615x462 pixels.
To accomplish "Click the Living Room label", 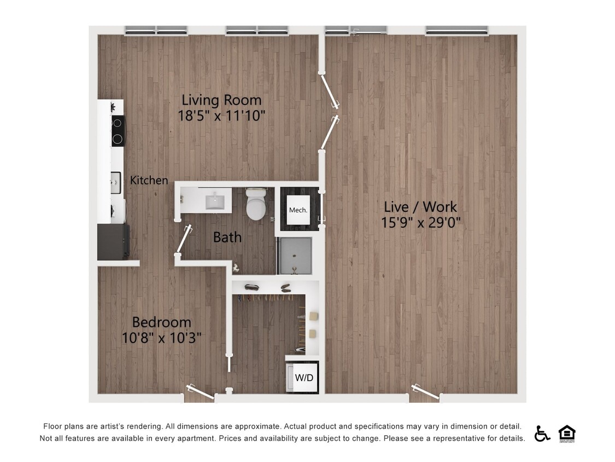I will click(221, 100).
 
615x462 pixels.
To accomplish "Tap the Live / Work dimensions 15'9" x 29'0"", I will click(420, 223).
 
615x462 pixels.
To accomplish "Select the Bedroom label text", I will click(161, 322).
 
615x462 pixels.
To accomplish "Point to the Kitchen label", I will click(149, 180).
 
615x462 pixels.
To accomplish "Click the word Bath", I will click(227, 237).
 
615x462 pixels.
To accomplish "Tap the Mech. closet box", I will click(298, 210).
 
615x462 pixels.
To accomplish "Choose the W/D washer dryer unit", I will click(303, 377).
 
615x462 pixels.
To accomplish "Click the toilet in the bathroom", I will click(256, 204).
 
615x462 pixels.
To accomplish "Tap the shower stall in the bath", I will click(294, 256).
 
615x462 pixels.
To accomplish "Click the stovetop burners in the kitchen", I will click(118, 130).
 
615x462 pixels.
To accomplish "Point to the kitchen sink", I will click(116, 182).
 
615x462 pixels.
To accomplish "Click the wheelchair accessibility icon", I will click(542, 434).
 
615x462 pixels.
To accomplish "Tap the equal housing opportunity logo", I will click(567, 434).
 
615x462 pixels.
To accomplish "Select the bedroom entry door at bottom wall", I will click(200, 392).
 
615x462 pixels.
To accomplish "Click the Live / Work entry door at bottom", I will click(425, 392).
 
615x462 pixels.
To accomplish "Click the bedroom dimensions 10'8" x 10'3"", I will click(161, 338).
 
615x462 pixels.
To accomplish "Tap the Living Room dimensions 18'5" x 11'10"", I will click(221, 116).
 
